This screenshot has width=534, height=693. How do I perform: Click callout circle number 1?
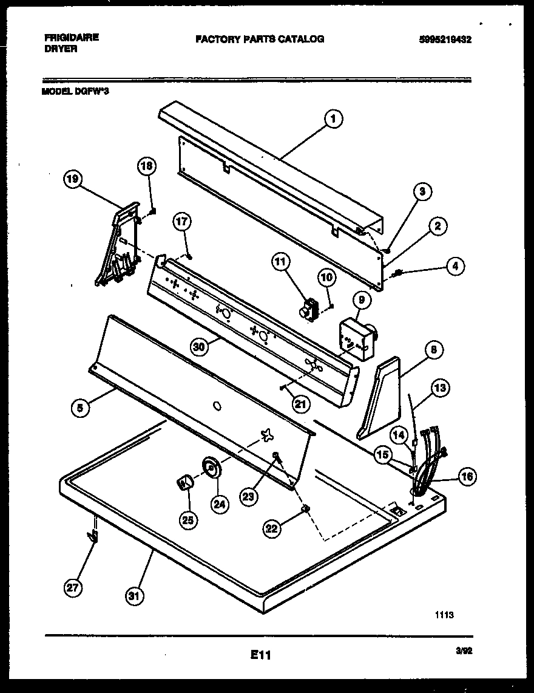click(333, 119)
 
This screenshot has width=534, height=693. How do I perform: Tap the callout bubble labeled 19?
click(73, 179)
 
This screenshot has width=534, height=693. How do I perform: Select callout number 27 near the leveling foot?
click(73, 587)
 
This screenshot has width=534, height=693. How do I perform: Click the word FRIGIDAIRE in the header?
click(72, 37)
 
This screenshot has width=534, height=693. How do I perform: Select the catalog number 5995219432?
click(445, 40)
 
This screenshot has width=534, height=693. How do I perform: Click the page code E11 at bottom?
click(260, 655)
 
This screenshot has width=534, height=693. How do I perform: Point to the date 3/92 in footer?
click(464, 650)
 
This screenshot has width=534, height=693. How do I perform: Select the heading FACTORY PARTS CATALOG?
click(260, 39)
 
